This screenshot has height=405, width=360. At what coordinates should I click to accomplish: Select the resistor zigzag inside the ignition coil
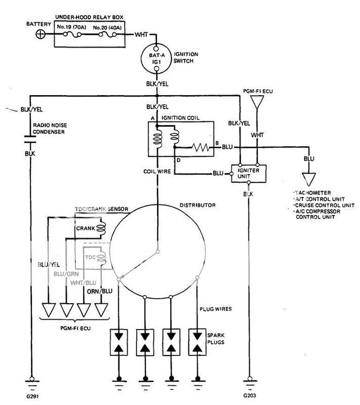[199, 148]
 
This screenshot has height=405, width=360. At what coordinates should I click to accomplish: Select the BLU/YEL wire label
[49, 264]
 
